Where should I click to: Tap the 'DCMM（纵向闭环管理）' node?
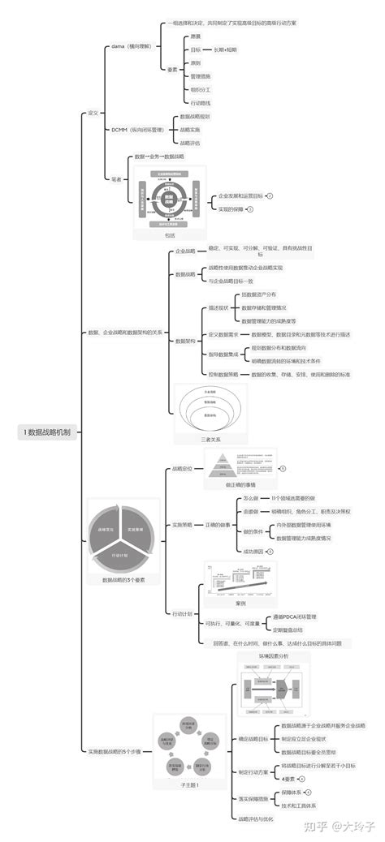140,129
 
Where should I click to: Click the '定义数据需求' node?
223,334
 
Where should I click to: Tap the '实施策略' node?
182,526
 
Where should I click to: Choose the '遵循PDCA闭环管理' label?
295,616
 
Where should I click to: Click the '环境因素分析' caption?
274,655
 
